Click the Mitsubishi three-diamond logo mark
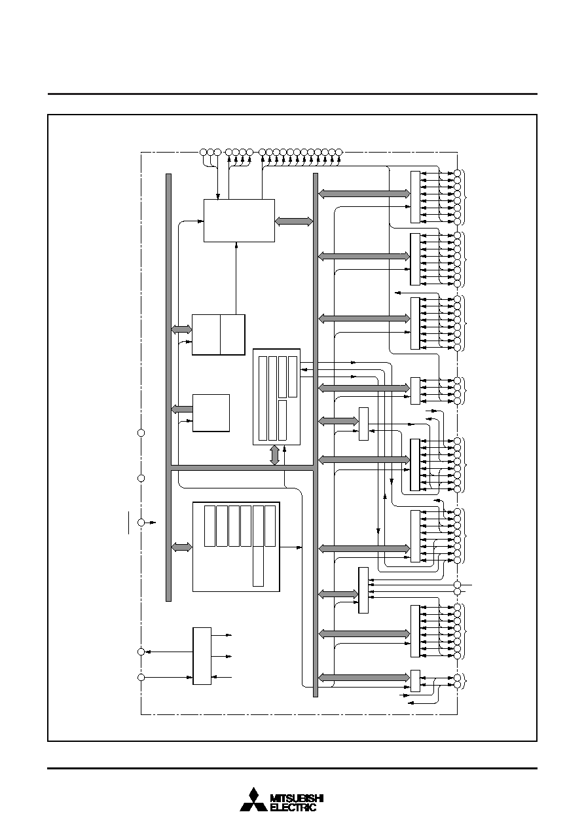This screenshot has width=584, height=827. [253, 800]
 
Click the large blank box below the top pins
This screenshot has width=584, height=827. [239, 221]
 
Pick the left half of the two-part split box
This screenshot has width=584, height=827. [206, 335]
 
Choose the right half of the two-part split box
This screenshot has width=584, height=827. [232, 335]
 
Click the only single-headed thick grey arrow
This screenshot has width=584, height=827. [182, 409]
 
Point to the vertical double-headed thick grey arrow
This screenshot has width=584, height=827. [274, 455]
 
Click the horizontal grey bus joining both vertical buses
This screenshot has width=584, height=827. [242, 468]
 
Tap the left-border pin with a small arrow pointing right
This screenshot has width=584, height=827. [141, 523]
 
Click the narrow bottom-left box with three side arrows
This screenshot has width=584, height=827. [202, 656]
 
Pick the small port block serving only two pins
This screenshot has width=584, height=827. [415, 681]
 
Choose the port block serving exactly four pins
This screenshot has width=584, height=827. [415, 391]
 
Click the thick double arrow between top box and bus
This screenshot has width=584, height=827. [294, 221]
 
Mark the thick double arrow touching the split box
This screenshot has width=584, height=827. [181, 329]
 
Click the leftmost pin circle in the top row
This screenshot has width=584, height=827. [204, 152]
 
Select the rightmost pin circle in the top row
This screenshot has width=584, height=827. [339, 152]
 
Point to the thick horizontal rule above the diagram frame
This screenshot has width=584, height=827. [293, 94]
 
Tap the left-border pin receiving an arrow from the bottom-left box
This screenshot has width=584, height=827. [141, 652]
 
